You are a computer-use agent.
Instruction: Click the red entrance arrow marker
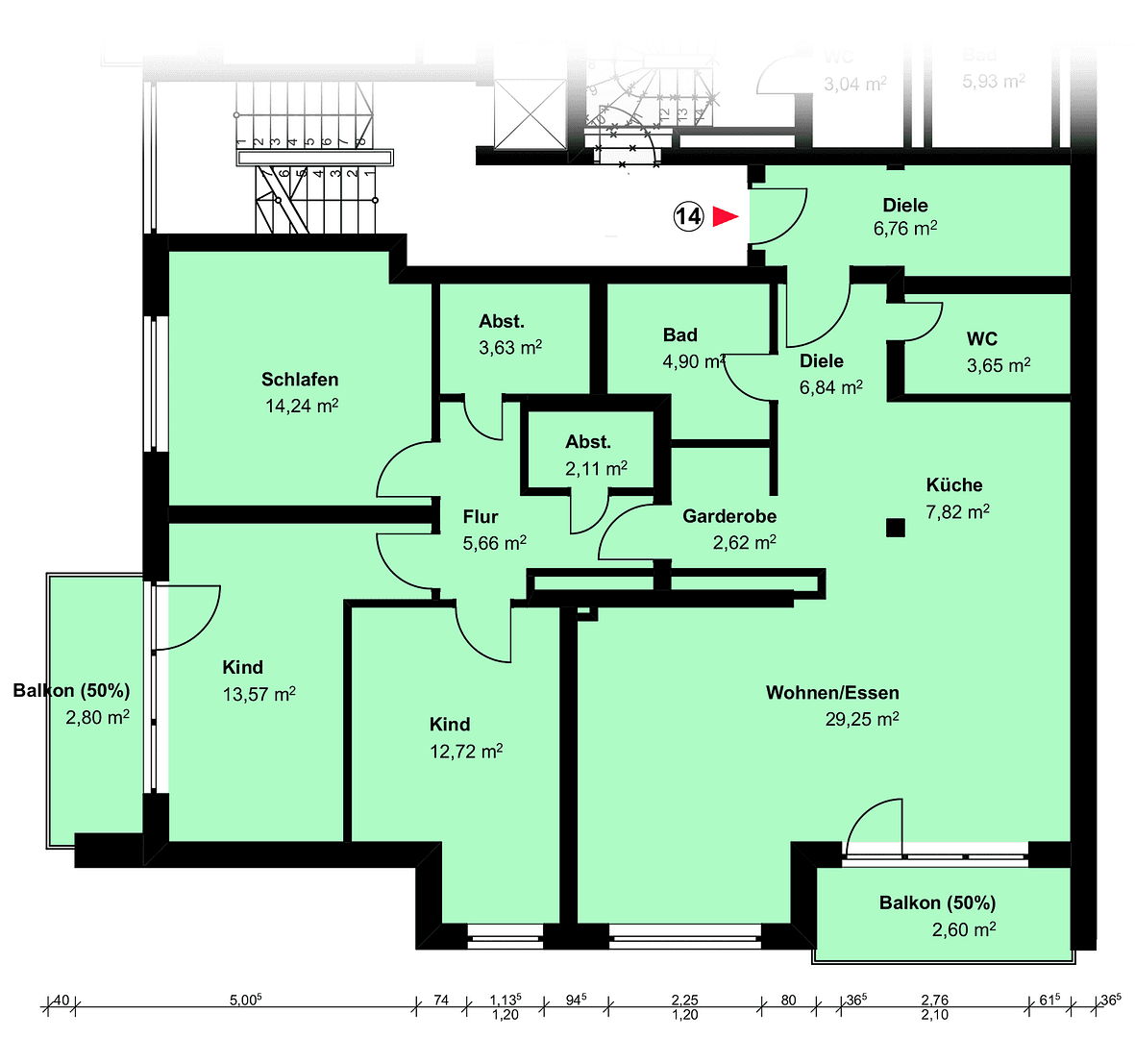725,217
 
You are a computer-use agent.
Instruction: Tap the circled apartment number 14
688,216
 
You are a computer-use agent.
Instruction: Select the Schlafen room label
300,380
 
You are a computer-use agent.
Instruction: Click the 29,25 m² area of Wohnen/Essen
861,719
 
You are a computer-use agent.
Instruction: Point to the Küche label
953,485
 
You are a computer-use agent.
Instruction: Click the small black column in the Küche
896,527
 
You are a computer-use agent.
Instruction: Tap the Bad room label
679,335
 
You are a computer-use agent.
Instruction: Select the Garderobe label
729,516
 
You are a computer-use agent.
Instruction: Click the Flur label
481,516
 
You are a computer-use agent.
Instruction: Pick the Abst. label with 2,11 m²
588,442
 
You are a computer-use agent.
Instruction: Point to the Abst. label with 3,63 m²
502,322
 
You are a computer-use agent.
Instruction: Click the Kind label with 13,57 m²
242,667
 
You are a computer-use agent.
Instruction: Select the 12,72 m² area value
466,752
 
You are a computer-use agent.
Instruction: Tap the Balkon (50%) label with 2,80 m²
71,691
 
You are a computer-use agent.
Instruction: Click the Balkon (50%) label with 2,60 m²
937,903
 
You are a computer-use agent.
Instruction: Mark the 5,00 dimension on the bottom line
246,1001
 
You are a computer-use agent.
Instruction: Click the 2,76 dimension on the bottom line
934,1001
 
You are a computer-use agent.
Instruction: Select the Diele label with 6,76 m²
905,205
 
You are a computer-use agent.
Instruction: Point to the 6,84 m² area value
830,387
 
